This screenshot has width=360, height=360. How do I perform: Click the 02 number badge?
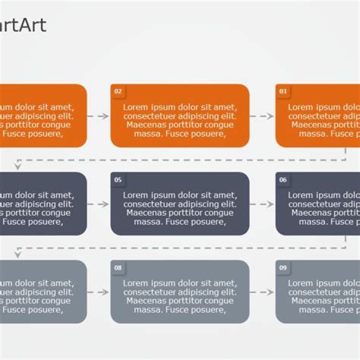118,92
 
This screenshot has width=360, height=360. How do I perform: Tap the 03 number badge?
283,92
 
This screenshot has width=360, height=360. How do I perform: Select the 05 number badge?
118,180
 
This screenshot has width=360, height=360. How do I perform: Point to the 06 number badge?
283,180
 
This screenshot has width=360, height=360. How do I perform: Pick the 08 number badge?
118,268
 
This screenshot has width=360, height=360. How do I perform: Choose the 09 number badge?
283,268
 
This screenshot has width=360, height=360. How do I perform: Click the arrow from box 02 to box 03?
262,116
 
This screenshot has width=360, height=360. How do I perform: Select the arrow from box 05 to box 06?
262,204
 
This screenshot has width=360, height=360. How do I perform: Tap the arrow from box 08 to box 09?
262,292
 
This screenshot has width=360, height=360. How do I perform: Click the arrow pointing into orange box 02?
98,116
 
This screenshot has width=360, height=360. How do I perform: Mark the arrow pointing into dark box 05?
98,204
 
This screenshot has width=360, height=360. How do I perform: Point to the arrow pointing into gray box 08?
98,292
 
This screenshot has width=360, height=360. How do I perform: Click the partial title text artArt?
23,26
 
